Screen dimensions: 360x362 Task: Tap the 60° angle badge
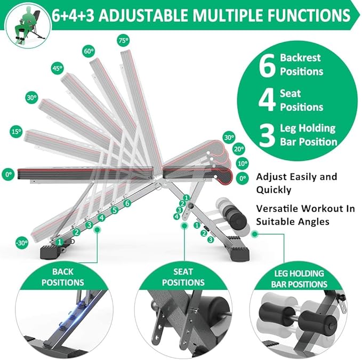coord(87,52)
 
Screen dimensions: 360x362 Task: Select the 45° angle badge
coord(57,68)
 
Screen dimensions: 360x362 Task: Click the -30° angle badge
coord(22,243)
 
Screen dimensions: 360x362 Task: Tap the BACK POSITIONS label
coord(63,277)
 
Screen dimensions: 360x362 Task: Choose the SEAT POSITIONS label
coord(183,277)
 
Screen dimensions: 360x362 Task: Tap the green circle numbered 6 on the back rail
coord(127,203)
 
